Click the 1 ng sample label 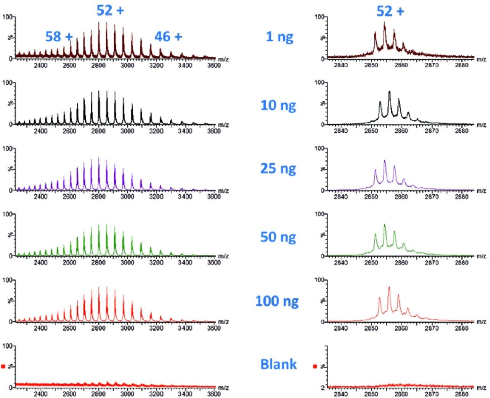[279, 37]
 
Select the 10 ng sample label [278, 105]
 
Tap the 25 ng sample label [278, 168]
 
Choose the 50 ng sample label [278, 237]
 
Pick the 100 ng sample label [277, 301]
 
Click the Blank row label [278, 364]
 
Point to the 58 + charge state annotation [59, 37]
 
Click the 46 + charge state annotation [168, 37]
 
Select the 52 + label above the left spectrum [110, 10]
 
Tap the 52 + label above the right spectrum [390, 11]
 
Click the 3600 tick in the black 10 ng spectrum [214, 131]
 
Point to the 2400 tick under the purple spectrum [41, 197]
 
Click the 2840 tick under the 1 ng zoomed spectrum [341, 65]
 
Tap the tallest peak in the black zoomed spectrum [389, 92]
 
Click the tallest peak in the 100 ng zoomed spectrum [389, 288]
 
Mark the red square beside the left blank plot [3, 366]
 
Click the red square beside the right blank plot [315, 366]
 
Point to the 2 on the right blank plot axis [323, 388]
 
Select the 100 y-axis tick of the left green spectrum [7, 214]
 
